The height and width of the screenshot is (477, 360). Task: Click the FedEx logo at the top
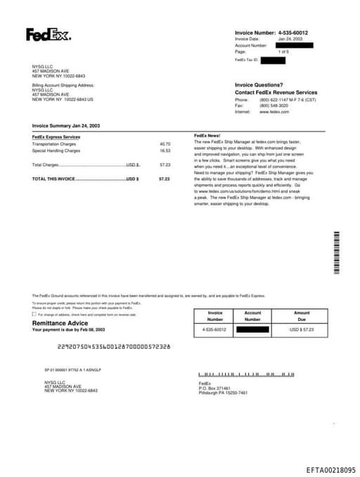[x=49, y=34]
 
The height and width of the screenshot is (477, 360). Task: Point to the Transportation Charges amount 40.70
[x=165, y=144]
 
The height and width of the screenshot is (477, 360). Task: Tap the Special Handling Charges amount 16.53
[x=165, y=151]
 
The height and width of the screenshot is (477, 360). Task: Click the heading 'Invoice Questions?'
[x=259, y=84]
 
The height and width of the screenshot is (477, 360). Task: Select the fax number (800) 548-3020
[x=274, y=106]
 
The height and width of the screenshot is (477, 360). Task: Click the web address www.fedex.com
[x=274, y=112]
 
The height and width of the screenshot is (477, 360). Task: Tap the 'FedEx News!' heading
[x=207, y=134]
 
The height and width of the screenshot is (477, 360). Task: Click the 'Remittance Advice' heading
[x=60, y=323]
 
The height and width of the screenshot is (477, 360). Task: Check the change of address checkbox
[x=34, y=314]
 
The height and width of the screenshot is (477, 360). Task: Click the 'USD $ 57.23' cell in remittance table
[x=302, y=329]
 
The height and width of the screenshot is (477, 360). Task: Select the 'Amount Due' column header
[x=302, y=315]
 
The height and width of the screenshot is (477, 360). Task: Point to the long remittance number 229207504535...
[x=113, y=346]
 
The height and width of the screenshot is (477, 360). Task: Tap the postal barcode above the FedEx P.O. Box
[x=246, y=375]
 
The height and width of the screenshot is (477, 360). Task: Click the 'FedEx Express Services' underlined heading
[x=56, y=136]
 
